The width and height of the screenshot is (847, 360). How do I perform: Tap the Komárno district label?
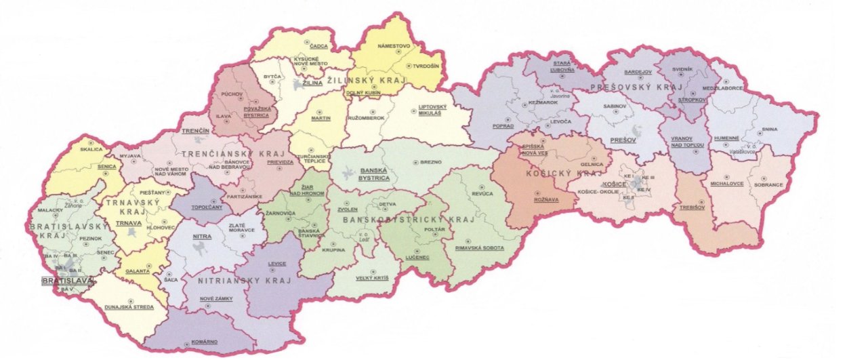[x=203, y=342]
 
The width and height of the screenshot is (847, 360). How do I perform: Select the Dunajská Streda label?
[x=129, y=307]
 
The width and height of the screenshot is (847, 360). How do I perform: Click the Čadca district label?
[x=318, y=45]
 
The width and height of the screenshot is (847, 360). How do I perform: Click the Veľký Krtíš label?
[x=370, y=278]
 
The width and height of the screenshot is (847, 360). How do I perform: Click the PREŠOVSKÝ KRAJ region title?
[x=627, y=88]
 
